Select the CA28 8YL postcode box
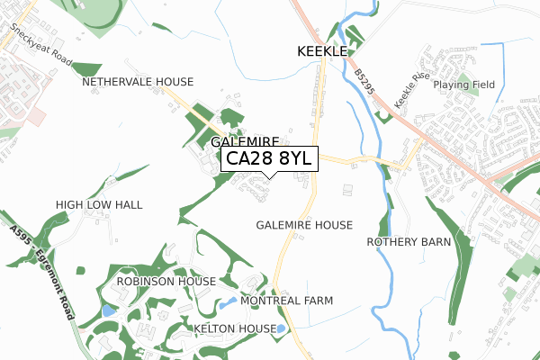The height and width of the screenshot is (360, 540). point(268,158)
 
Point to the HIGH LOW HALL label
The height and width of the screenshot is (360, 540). point(99,205)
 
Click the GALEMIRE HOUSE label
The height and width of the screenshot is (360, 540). point(304,224)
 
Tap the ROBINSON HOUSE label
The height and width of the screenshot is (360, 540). point(166,282)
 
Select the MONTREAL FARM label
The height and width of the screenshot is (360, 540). point(286,301)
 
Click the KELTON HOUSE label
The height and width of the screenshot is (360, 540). point(235,329)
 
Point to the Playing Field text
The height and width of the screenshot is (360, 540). point(463,85)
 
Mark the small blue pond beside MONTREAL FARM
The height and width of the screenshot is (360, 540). point(226,302)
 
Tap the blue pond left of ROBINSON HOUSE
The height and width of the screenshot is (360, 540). point(108,310)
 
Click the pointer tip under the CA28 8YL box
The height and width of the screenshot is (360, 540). point(268,175)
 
